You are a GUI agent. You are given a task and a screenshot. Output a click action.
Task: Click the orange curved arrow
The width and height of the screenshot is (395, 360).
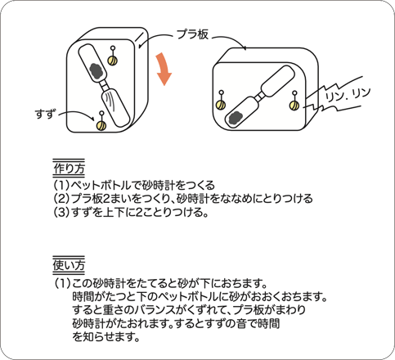click(164, 70)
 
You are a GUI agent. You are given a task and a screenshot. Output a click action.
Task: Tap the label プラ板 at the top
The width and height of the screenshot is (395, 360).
click(194, 34)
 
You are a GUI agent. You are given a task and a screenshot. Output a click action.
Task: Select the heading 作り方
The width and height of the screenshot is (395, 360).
click(69, 169)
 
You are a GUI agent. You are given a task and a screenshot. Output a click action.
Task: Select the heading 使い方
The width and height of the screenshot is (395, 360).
click(69, 266)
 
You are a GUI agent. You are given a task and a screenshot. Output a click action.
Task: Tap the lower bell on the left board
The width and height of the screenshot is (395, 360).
click(101, 124)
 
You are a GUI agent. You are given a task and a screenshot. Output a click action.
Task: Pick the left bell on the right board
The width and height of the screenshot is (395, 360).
click(218, 102)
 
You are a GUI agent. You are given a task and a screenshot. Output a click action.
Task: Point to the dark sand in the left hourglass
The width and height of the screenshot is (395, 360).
click(96, 66)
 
